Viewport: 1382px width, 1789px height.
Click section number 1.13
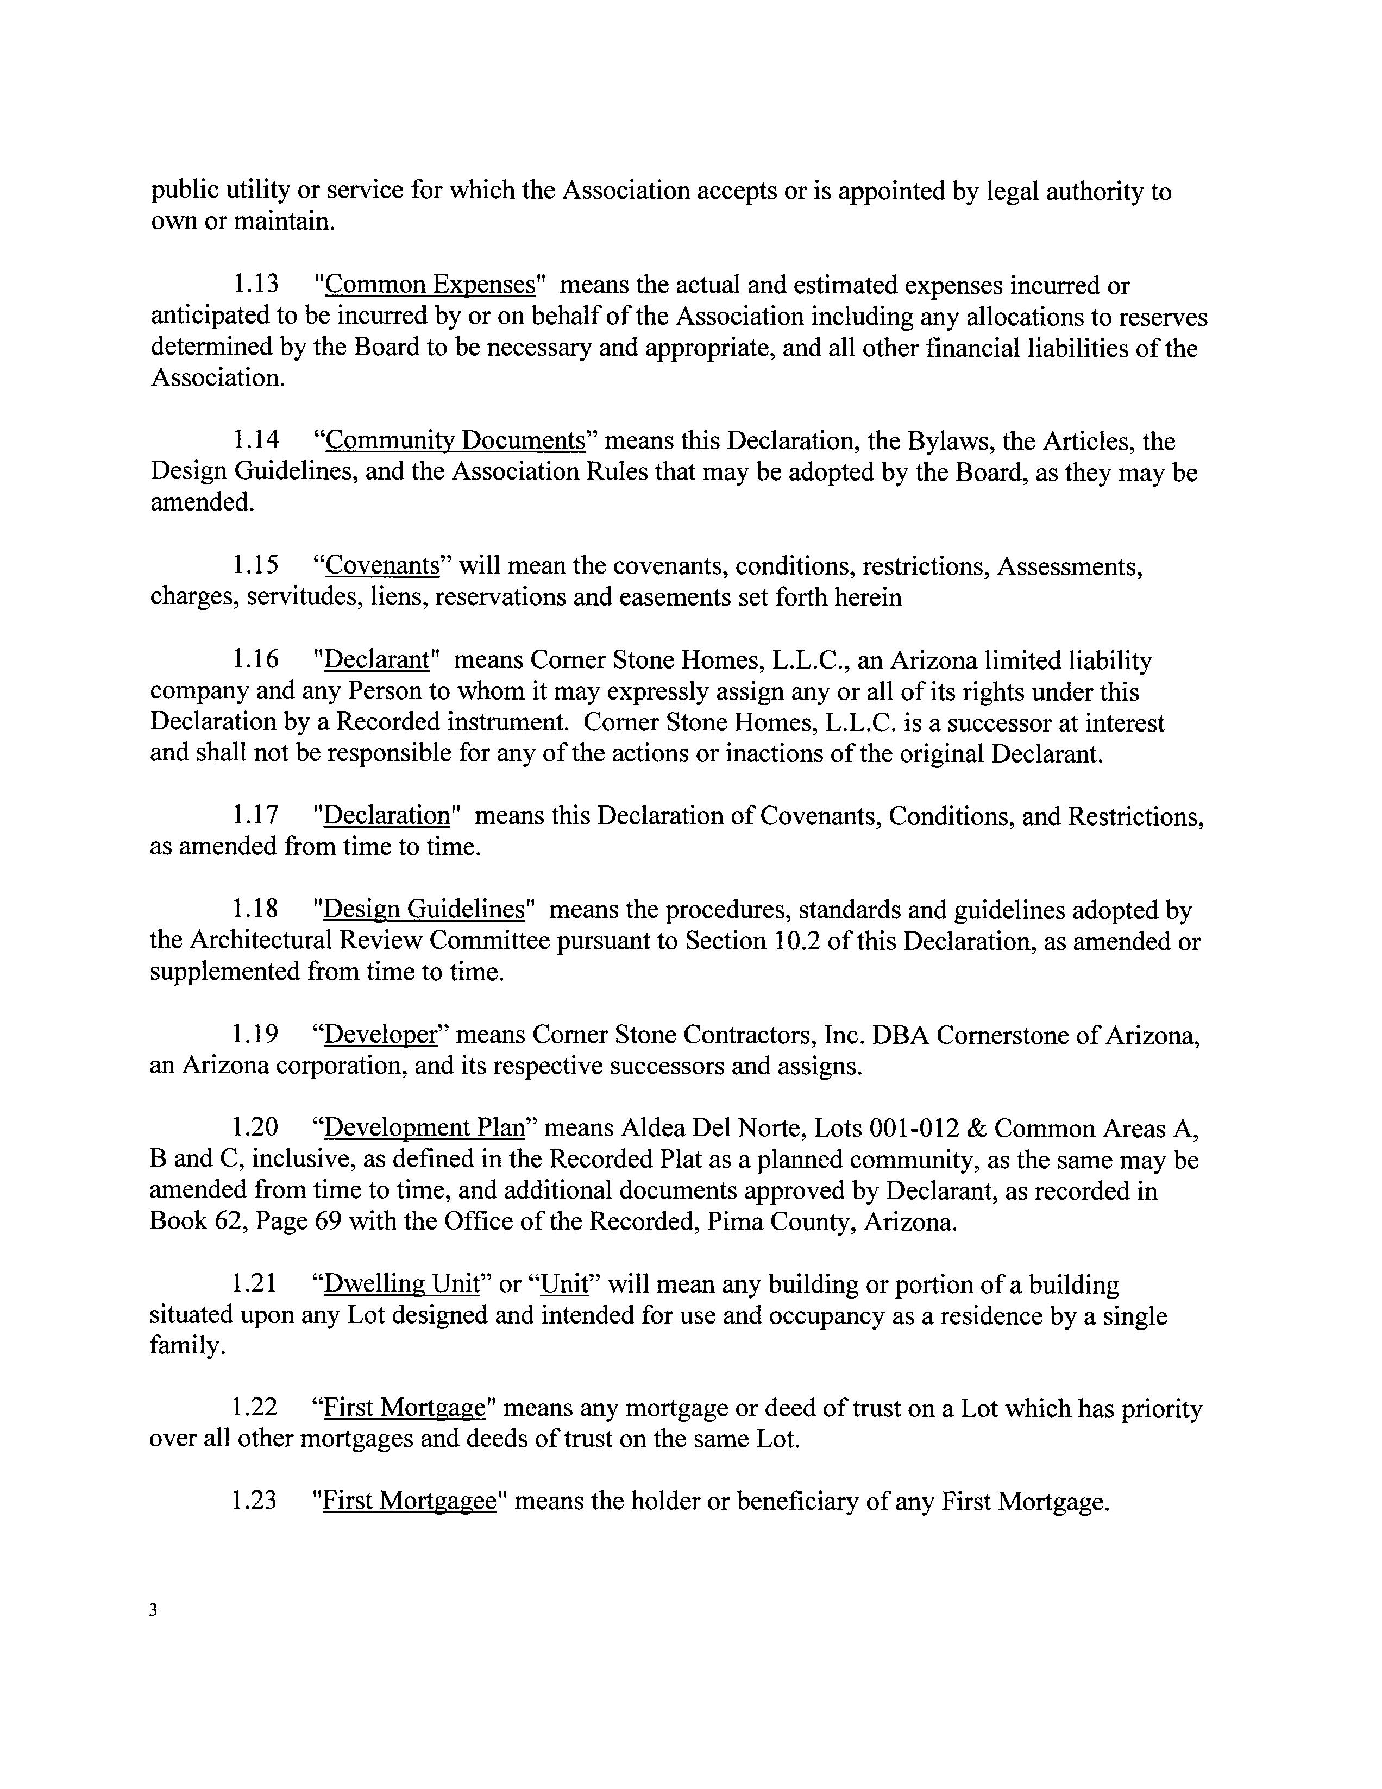point(255,285)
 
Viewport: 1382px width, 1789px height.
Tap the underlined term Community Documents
point(455,442)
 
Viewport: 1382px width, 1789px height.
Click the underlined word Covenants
point(382,566)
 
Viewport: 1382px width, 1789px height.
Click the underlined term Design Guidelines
point(424,910)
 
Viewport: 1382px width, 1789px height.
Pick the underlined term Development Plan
point(424,1129)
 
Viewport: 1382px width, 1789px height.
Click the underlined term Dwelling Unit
point(400,1284)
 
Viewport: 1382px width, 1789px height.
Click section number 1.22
point(254,1408)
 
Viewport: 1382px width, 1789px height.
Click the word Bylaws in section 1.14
point(950,442)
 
